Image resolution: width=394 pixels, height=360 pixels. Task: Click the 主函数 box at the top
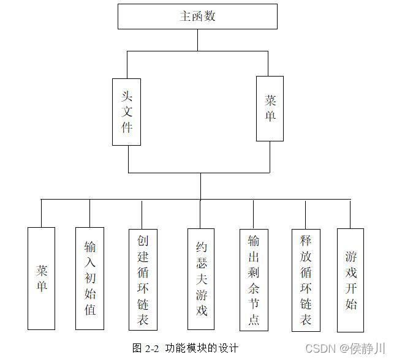(197, 17)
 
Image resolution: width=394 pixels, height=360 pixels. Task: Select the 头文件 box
(126, 111)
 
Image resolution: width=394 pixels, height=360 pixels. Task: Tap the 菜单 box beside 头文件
(270, 108)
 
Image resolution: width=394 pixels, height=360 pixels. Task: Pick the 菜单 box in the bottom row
(41, 279)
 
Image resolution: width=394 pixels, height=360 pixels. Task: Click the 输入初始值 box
(89, 279)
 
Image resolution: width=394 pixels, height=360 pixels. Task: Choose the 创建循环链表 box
(142, 279)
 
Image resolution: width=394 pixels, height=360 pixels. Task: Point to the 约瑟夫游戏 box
(201, 279)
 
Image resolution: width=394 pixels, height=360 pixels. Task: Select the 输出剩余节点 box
(254, 279)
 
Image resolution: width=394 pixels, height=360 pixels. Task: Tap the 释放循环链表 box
(306, 279)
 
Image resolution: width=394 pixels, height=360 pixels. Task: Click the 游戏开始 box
(350, 279)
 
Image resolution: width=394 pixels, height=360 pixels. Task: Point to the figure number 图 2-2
(146, 348)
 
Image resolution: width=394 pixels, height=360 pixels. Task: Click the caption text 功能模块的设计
(201, 348)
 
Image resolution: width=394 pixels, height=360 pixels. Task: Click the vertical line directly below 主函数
(197, 40)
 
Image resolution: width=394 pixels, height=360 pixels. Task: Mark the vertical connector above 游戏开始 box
(350, 214)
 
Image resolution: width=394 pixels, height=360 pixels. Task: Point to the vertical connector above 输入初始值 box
(89, 213)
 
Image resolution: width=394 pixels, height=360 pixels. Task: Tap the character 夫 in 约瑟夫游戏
(201, 279)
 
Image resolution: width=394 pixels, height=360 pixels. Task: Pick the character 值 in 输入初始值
(89, 309)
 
